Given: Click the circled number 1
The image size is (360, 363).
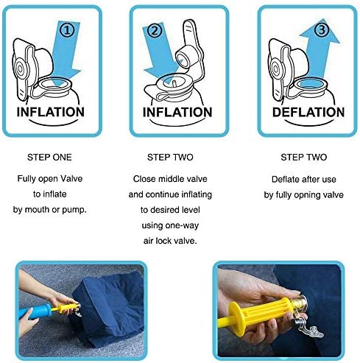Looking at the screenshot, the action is [x=67, y=31].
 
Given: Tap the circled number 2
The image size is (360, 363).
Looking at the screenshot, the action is [x=155, y=31].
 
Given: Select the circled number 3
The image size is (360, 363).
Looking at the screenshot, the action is [x=321, y=29].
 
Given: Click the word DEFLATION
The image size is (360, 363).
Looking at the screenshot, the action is [x=308, y=112].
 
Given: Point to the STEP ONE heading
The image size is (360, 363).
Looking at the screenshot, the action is [x=49, y=158].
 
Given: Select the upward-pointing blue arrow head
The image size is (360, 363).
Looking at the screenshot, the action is [x=320, y=31].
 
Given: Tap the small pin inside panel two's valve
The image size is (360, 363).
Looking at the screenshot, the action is [x=174, y=83].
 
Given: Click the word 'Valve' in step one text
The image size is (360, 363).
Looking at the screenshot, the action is [x=71, y=179].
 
